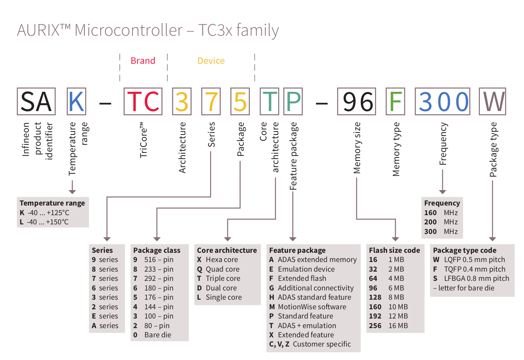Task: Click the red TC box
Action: tap(143, 101)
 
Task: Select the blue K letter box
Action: tap(76, 101)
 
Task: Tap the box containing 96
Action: tap(356, 101)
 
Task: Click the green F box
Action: tap(395, 101)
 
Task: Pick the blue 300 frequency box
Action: tap(442, 101)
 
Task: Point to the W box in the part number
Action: tap(493, 101)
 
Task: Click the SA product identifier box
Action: tap(36, 101)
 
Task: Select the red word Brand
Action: tap(143, 61)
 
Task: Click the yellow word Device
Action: tap(211, 61)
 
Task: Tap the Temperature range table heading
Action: tap(52, 203)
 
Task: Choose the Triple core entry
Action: tap(219, 279)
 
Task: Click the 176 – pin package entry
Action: tap(154, 297)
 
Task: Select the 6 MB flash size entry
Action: tap(387, 288)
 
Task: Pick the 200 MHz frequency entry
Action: tap(441, 222)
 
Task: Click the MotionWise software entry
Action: tap(308, 307)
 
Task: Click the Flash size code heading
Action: tap(394, 250)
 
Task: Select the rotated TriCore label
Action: tap(143, 140)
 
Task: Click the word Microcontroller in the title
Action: tap(129, 30)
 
